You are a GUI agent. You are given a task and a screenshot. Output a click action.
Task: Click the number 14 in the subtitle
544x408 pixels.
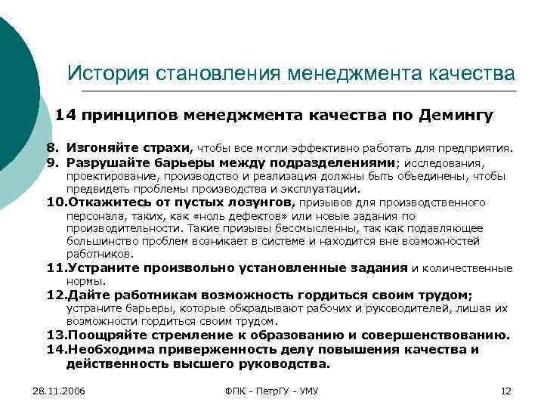[66, 116]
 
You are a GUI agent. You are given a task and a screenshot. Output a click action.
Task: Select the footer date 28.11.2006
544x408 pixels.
[59, 390]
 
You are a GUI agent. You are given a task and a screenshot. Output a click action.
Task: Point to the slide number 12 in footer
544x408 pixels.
[507, 390]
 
